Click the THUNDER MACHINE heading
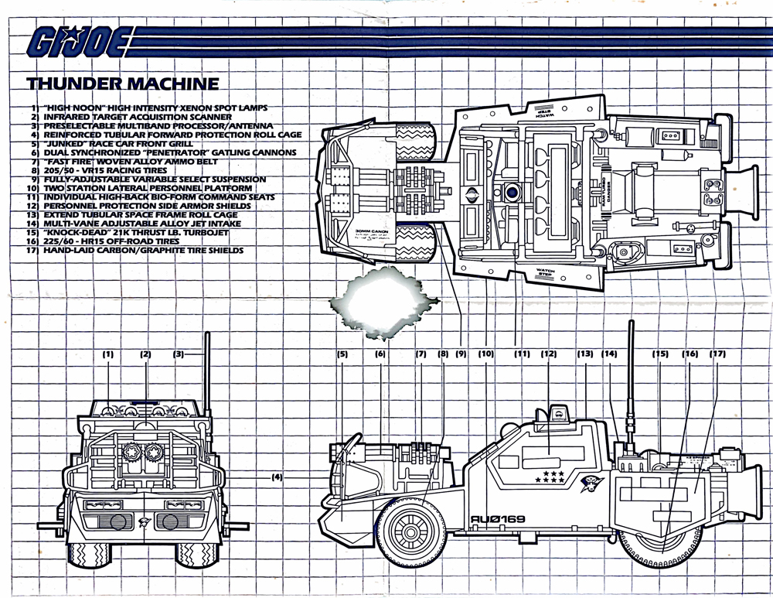(x=122, y=84)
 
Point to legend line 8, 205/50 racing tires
(x=107, y=170)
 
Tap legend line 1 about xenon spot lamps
(x=150, y=108)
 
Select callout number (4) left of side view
(x=278, y=477)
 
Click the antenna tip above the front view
(x=209, y=334)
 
